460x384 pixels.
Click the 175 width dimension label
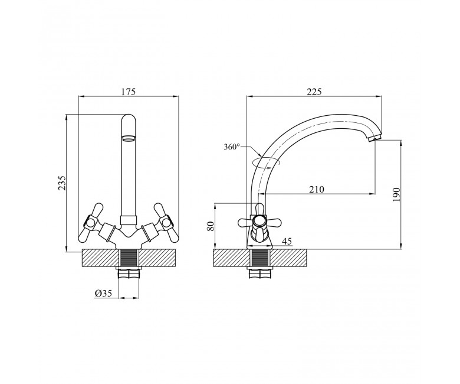128,92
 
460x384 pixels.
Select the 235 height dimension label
62,183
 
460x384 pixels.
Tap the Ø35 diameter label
103,293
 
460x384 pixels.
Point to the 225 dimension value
314,92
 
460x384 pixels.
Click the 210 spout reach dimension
317,189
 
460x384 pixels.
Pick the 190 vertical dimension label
396,194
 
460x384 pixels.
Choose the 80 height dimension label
211,226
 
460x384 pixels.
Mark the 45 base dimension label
287,241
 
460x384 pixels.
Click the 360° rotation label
232,147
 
